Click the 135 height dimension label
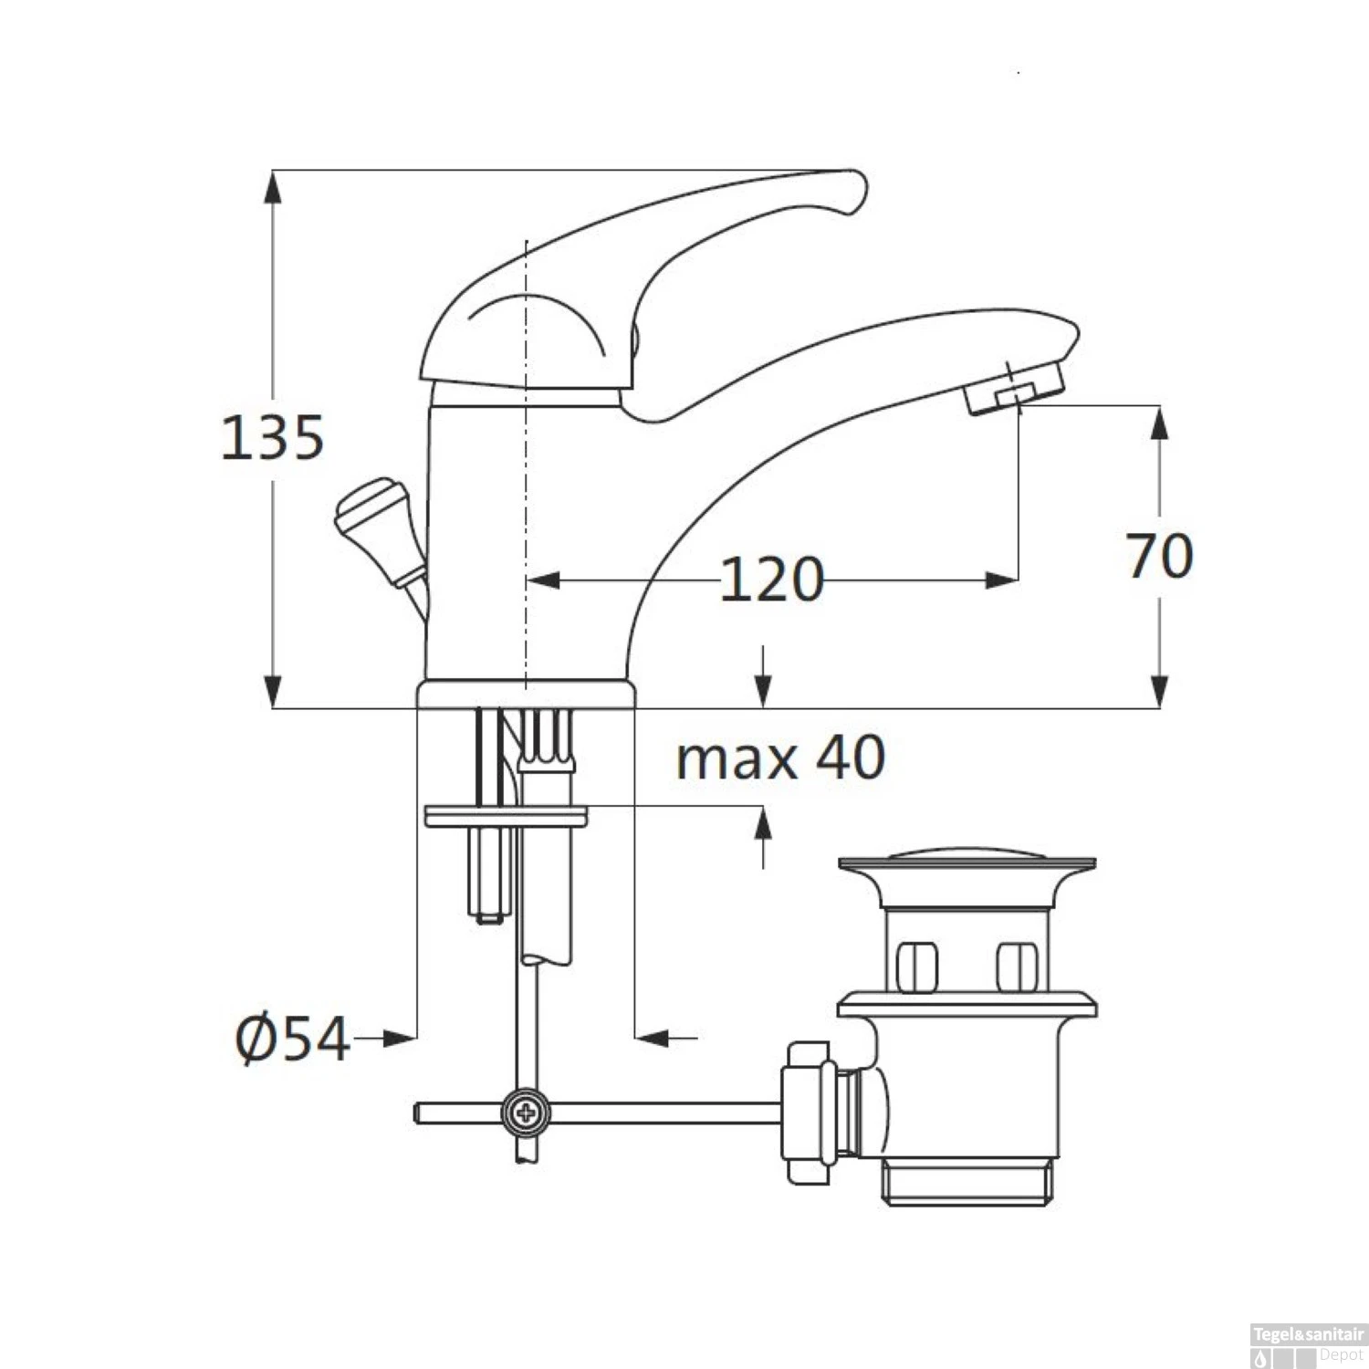pos(273,437)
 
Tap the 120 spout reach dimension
pos(772,580)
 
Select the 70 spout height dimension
pos(1159,555)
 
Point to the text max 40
pos(780,758)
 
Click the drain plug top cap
pos(967,862)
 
